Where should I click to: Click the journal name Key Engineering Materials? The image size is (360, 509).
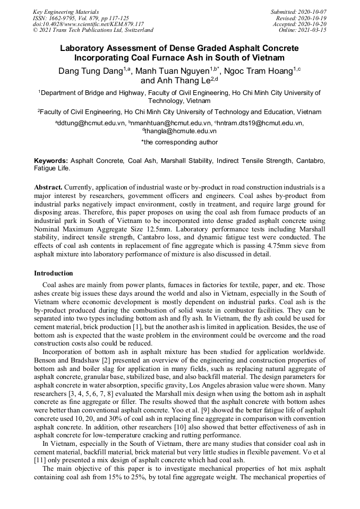pyautogui.click(x=65, y=11)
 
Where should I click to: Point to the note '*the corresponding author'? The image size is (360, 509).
pyautogui.click(x=179, y=142)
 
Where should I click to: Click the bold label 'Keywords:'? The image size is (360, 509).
pyautogui.click(x=51, y=160)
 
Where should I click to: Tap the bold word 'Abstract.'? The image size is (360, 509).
pyautogui.click(x=48, y=188)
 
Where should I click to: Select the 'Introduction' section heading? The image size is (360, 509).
pyautogui.click(x=54, y=273)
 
